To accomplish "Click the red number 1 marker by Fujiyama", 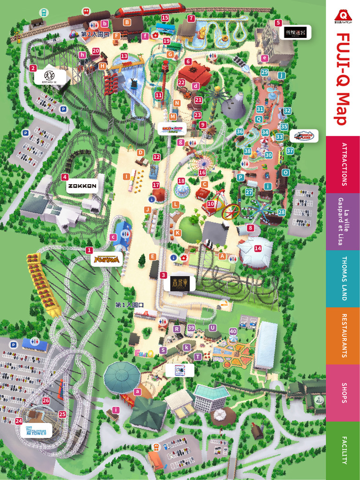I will coord(89,250).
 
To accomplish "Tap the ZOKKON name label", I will coord(82,186).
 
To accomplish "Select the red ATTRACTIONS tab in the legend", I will coord(343,164).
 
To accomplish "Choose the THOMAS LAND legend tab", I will coord(343,278).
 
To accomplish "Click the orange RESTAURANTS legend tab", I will coord(343,336).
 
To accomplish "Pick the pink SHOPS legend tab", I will coord(343,393).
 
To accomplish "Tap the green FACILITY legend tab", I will coord(343,450).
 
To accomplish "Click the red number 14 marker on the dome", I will coord(257,248).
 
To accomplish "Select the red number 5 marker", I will coord(278,22).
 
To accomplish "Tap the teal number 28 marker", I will coord(281,212).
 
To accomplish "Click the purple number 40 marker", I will coord(233,331).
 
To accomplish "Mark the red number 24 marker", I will coord(18,421).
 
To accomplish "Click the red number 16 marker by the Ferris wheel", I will coord(202,172).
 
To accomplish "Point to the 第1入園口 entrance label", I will coord(129,305).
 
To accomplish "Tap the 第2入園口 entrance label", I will coord(95,34).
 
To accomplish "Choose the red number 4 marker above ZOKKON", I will coord(65,177).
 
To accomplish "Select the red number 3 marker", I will coord(163,275).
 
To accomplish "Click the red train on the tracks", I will coord(150,8).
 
